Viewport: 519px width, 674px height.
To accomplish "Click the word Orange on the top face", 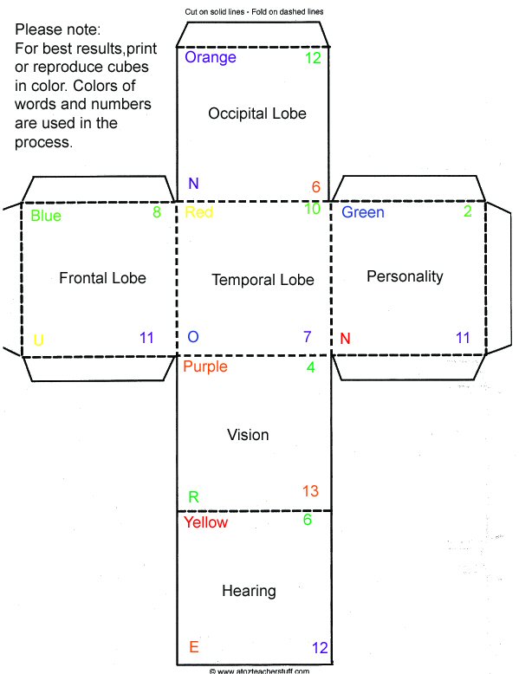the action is pos(211,57).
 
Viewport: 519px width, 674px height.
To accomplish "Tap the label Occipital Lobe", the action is pos(257,113).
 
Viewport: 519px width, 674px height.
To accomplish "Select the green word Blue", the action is pos(46,216).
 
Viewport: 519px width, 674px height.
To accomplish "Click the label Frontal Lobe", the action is pos(102,278).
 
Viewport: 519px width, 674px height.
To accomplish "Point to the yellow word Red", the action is pos(198,212).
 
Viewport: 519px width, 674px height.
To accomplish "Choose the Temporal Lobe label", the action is pos(263,280).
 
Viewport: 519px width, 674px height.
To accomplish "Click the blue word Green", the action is pos(362,212).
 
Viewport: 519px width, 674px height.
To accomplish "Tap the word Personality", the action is pos(405,276).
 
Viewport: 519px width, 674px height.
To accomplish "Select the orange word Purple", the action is pos(205,367).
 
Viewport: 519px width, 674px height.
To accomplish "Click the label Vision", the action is pos(248,435).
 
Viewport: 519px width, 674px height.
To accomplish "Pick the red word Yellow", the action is pos(205,522).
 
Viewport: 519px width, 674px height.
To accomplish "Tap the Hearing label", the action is pos(249,591).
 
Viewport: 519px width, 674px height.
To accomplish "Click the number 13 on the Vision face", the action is pos(310,491).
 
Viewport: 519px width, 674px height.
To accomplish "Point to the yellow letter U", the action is pos(39,340).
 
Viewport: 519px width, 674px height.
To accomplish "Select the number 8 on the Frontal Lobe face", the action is pos(157,212).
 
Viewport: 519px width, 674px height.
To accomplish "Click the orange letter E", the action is pos(194,647).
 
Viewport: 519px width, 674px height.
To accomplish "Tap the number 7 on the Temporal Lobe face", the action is pos(308,337).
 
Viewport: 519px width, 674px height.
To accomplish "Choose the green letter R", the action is pos(193,497).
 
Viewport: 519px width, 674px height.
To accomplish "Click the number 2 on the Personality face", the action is pos(468,211).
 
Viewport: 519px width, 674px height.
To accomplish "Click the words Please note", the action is pos(58,29).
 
